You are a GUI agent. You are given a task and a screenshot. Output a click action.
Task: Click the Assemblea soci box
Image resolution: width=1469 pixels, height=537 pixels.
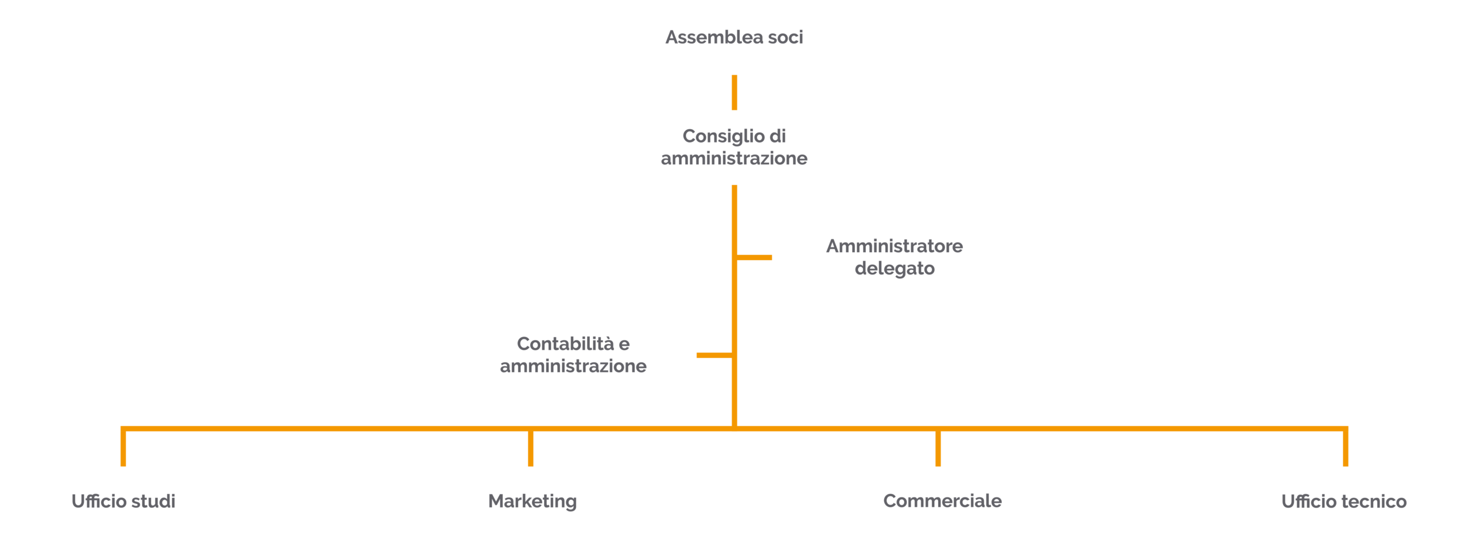click(734, 37)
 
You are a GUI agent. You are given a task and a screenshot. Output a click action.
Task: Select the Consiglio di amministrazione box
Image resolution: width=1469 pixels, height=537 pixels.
click(734, 147)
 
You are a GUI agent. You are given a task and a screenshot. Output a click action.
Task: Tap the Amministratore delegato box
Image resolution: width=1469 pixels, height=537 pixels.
click(895, 257)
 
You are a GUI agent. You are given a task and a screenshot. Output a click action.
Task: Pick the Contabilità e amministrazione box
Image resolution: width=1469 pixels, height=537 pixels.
click(573, 355)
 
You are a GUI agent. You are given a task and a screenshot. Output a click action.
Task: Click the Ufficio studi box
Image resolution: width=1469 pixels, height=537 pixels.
click(123, 501)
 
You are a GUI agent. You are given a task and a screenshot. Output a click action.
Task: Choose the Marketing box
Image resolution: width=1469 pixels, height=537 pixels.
click(530, 501)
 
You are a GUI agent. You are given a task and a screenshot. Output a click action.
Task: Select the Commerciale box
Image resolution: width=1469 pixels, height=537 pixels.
click(938, 501)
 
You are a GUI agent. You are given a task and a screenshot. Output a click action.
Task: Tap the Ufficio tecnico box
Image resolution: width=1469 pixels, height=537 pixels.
click(1345, 501)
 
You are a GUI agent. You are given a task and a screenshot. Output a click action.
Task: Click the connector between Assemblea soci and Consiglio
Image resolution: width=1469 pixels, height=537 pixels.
click(734, 92)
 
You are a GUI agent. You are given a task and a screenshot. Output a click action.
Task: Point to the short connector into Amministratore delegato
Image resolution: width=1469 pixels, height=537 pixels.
click(754, 257)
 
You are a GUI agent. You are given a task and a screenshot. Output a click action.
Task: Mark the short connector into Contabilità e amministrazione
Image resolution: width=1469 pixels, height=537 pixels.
click(714, 356)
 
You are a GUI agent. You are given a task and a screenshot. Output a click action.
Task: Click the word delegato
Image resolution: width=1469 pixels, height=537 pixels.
click(895, 268)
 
